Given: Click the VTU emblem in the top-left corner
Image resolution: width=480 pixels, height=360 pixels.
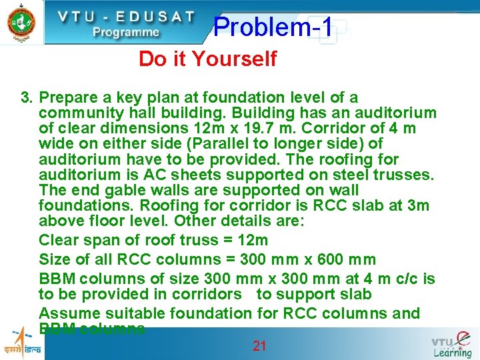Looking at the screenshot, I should [x=20, y=21].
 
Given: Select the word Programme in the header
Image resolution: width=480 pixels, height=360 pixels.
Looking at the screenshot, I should [x=126, y=32].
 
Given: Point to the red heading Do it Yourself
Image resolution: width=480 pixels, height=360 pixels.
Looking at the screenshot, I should [x=207, y=59].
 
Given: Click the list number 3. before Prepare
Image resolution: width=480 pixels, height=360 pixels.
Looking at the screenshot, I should [x=27, y=98].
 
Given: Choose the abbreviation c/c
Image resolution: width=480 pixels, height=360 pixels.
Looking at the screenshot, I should [x=409, y=279].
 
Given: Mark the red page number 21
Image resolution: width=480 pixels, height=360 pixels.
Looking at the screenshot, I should [x=259, y=345].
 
